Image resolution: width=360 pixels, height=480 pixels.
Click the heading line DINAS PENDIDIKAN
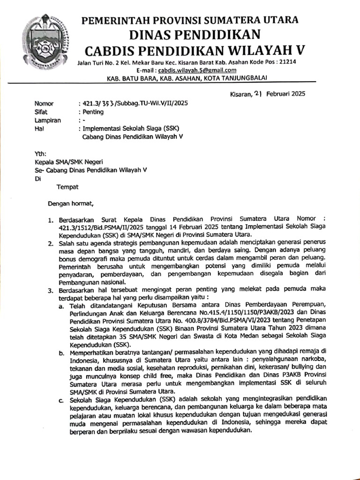[190, 35]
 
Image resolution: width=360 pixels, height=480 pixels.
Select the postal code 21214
[286, 62]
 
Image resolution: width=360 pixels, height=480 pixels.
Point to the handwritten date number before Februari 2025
[258, 93]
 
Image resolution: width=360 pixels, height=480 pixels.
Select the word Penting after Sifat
[93, 112]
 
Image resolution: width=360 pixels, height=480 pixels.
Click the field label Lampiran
[48, 120]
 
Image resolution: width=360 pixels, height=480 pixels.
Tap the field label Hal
[39, 129]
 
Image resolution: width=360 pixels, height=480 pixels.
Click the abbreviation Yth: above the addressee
[41, 154]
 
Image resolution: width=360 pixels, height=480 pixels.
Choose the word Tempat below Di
[67, 187]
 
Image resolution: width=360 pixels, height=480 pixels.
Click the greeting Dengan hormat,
[71, 203]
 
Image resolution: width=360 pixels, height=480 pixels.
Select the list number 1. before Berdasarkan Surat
[51, 219]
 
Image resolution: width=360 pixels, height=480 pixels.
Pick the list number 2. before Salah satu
[51, 243]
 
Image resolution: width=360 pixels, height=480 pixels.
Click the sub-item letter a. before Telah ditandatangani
[61, 306]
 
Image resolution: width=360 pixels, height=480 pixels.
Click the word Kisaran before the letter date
[241, 93]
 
